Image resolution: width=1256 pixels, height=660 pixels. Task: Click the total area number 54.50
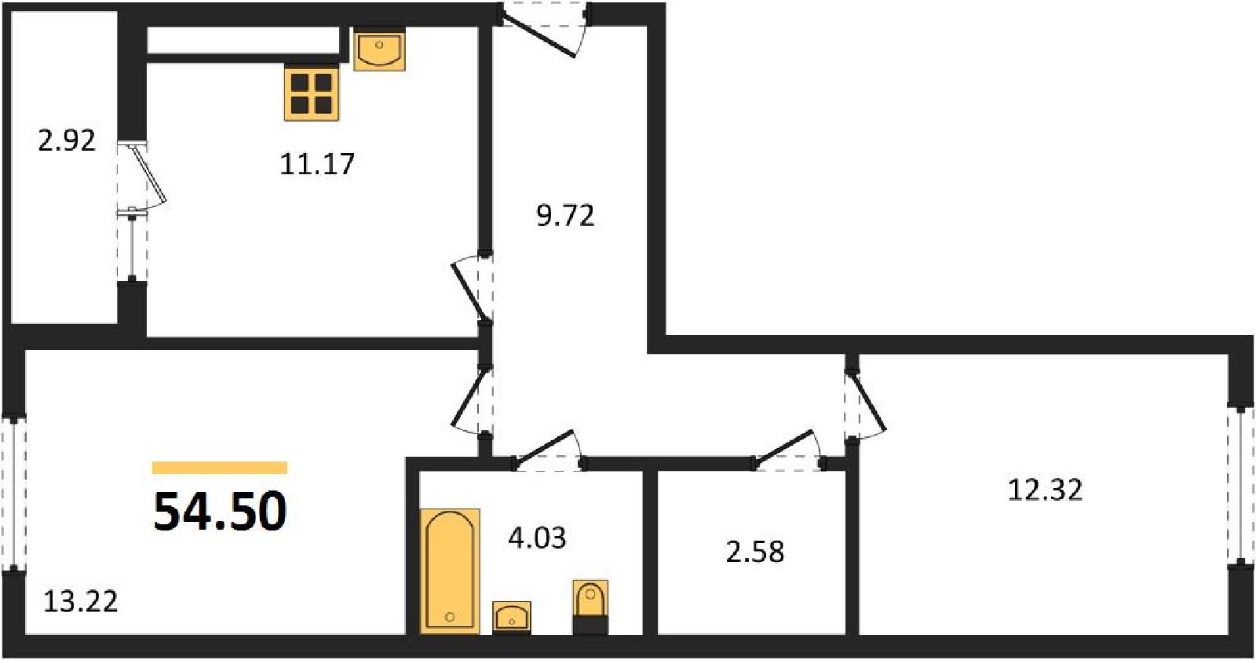tap(220, 511)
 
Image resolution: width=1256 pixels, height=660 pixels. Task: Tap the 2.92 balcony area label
tap(67, 140)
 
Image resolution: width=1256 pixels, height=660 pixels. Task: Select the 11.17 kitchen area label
tap(317, 164)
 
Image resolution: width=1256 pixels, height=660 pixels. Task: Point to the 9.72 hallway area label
tap(565, 216)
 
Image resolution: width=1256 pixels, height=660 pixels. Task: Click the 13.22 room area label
tap(81, 602)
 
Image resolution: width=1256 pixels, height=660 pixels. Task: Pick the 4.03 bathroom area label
tap(537, 538)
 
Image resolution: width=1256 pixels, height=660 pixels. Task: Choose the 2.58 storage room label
tap(754, 552)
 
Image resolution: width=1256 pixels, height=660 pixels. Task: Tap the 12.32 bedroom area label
tap(1045, 490)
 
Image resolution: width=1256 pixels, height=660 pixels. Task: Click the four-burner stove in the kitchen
tap(312, 93)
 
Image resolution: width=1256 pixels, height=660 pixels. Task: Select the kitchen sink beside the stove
tap(380, 50)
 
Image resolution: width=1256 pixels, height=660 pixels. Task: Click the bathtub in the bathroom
tap(450, 571)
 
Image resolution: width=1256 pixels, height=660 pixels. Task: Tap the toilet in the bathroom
tap(590, 607)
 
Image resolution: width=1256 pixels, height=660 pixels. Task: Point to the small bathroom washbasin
tap(511, 618)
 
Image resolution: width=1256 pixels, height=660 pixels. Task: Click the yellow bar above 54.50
tap(220, 468)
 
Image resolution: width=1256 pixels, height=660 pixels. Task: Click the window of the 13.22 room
tap(14, 493)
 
